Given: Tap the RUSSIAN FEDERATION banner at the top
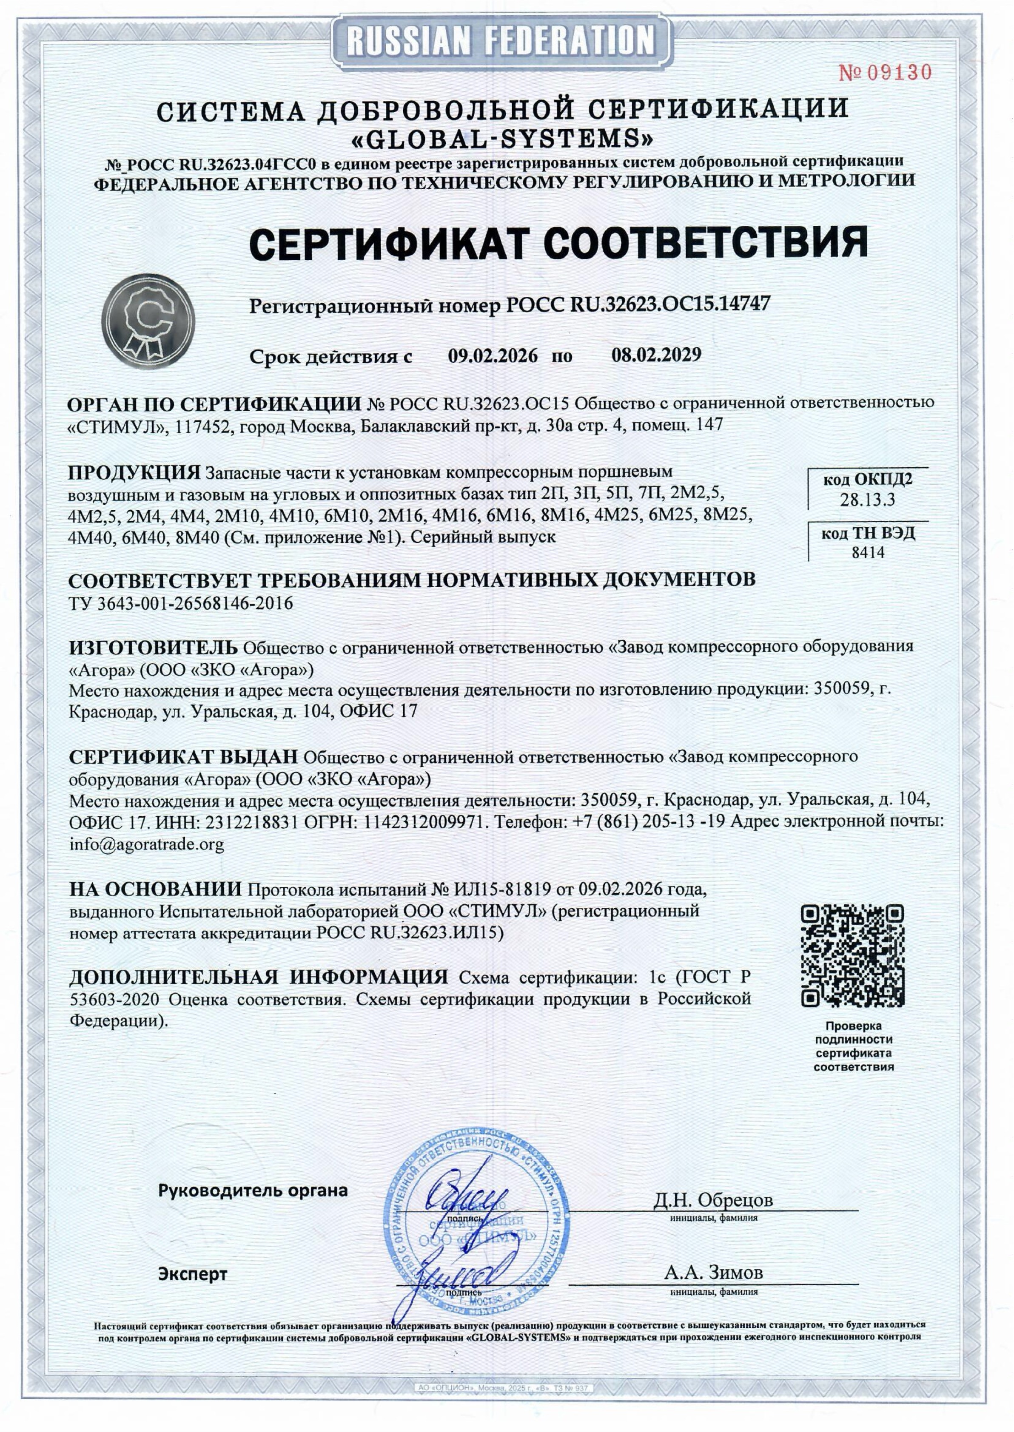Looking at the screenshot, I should (502, 40).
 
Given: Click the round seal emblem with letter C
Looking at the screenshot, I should (148, 322).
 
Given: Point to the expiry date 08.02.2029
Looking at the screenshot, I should (656, 355).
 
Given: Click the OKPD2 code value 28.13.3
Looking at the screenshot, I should (867, 500).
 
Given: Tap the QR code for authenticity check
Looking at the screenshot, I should (852, 956).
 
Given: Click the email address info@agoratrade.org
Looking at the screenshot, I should (146, 845).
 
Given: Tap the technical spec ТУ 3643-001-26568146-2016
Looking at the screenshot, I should (180, 603).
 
